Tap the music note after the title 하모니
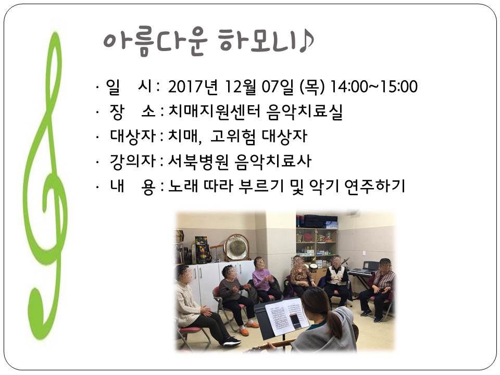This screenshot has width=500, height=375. click(306, 42)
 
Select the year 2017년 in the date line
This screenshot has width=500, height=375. click(193, 86)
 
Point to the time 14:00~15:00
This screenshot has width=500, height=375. click(373, 86)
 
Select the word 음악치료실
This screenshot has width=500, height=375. click(305, 111)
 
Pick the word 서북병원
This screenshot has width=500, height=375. click(198, 161)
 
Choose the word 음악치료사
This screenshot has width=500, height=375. click(272, 161)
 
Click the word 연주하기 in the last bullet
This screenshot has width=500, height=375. click(374, 186)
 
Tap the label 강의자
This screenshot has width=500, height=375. click(132, 161)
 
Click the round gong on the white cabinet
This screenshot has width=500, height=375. click(236, 246)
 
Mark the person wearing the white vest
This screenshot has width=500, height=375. click(337, 281)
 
